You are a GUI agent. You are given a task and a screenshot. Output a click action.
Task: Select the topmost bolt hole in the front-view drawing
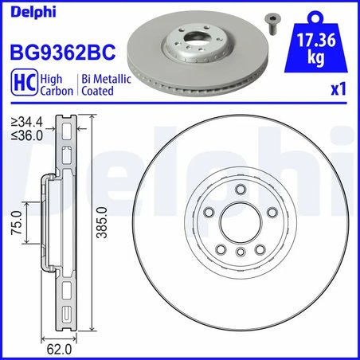tap(240, 189)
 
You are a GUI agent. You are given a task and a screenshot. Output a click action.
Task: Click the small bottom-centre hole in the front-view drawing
tap(240, 251)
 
